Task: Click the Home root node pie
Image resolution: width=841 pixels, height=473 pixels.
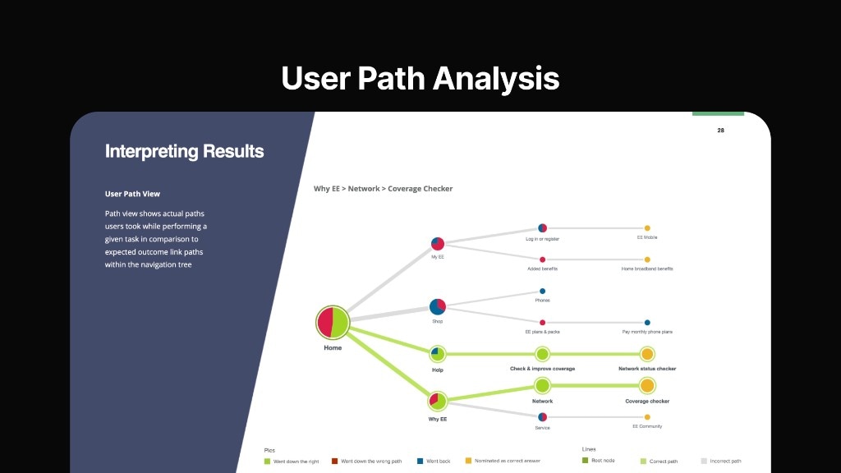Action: (x=333, y=322)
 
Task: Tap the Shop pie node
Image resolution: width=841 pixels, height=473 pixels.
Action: (x=438, y=306)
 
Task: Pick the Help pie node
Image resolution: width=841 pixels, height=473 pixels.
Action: (x=438, y=354)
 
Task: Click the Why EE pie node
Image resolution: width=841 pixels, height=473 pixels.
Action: (x=438, y=402)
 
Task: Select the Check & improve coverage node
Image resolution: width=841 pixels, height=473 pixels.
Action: (x=542, y=354)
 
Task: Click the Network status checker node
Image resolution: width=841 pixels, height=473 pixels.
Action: (x=647, y=354)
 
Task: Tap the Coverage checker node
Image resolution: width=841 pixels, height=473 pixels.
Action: (x=647, y=385)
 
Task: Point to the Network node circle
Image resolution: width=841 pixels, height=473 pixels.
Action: (x=542, y=385)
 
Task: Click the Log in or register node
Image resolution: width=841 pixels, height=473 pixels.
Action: (x=542, y=227)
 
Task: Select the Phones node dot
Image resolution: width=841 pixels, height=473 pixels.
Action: (x=542, y=291)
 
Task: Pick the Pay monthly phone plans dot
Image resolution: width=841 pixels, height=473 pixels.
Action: (x=647, y=323)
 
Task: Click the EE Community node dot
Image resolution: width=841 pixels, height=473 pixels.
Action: (x=647, y=417)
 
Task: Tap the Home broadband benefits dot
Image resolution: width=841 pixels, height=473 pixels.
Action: (x=647, y=259)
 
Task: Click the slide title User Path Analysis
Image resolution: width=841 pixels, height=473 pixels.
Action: (x=420, y=78)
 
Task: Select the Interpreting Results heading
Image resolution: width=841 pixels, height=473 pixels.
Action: (x=184, y=151)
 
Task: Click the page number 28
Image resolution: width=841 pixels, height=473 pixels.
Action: (x=720, y=130)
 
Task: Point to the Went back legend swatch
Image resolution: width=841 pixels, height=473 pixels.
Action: (x=420, y=462)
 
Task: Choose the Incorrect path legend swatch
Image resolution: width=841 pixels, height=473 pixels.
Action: (x=704, y=462)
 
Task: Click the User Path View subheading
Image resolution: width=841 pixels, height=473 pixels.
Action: (x=132, y=194)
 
